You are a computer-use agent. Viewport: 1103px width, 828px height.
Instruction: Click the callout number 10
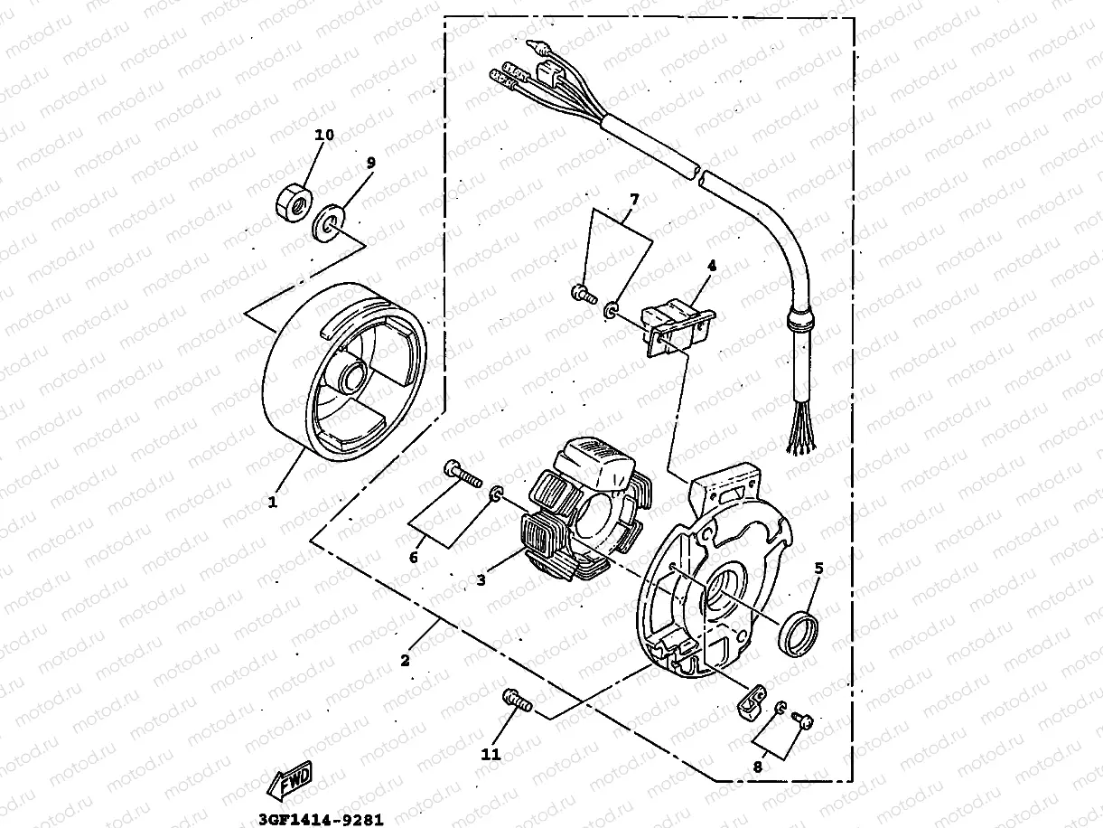[323, 135]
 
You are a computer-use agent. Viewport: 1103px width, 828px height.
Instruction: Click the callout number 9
[370, 163]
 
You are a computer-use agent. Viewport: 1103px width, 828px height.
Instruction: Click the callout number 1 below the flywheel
[273, 500]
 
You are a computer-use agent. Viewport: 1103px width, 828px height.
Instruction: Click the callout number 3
[481, 580]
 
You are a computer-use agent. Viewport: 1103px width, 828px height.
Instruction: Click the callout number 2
[405, 661]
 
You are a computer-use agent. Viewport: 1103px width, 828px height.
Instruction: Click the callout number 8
[757, 766]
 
